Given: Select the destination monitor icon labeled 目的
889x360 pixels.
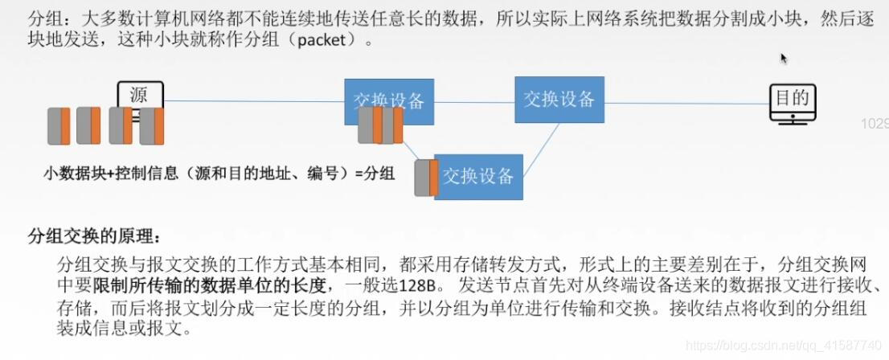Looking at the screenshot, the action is point(790,103).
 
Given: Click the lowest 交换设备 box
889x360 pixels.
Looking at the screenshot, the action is point(478,177).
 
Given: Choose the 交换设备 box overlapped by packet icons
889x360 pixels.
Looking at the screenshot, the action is point(389,101).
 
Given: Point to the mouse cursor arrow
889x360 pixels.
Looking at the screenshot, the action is point(783,58).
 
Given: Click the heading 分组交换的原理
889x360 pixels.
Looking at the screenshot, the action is point(93,236).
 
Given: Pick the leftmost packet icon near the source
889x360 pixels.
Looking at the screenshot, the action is point(59,126).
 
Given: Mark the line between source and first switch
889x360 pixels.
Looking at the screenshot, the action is point(253,101).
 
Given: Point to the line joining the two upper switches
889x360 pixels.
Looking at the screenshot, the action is point(474,101).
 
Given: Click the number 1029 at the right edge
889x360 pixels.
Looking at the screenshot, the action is point(874,125).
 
